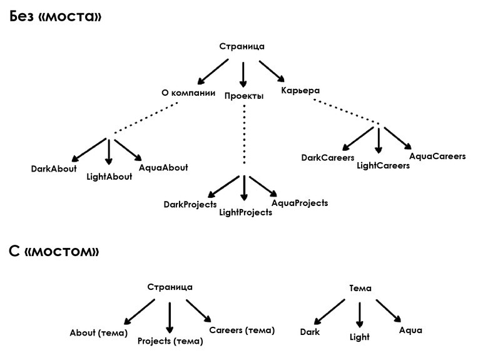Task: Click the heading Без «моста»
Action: (56, 16)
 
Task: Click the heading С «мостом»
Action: (54, 251)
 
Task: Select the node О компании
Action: (188, 93)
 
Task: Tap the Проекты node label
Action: (244, 96)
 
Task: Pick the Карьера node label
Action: (300, 90)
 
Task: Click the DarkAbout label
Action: (54, 169)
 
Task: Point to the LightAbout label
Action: (109, 177)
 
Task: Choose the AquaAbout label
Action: (163, 168)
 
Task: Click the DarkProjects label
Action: (190, 205)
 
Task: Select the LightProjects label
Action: (245, 212)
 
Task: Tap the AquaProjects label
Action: (300, 203)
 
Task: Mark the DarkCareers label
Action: (328, 158)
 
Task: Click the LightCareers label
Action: (383, 165)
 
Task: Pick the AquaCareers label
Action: (437, 156)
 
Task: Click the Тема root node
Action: (360, 288)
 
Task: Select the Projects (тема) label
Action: (170, 341)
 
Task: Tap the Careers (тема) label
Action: (242, 330)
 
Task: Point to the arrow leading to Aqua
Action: (389, 311)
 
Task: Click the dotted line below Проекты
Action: (244, 135)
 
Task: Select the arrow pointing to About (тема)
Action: (139, 312)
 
